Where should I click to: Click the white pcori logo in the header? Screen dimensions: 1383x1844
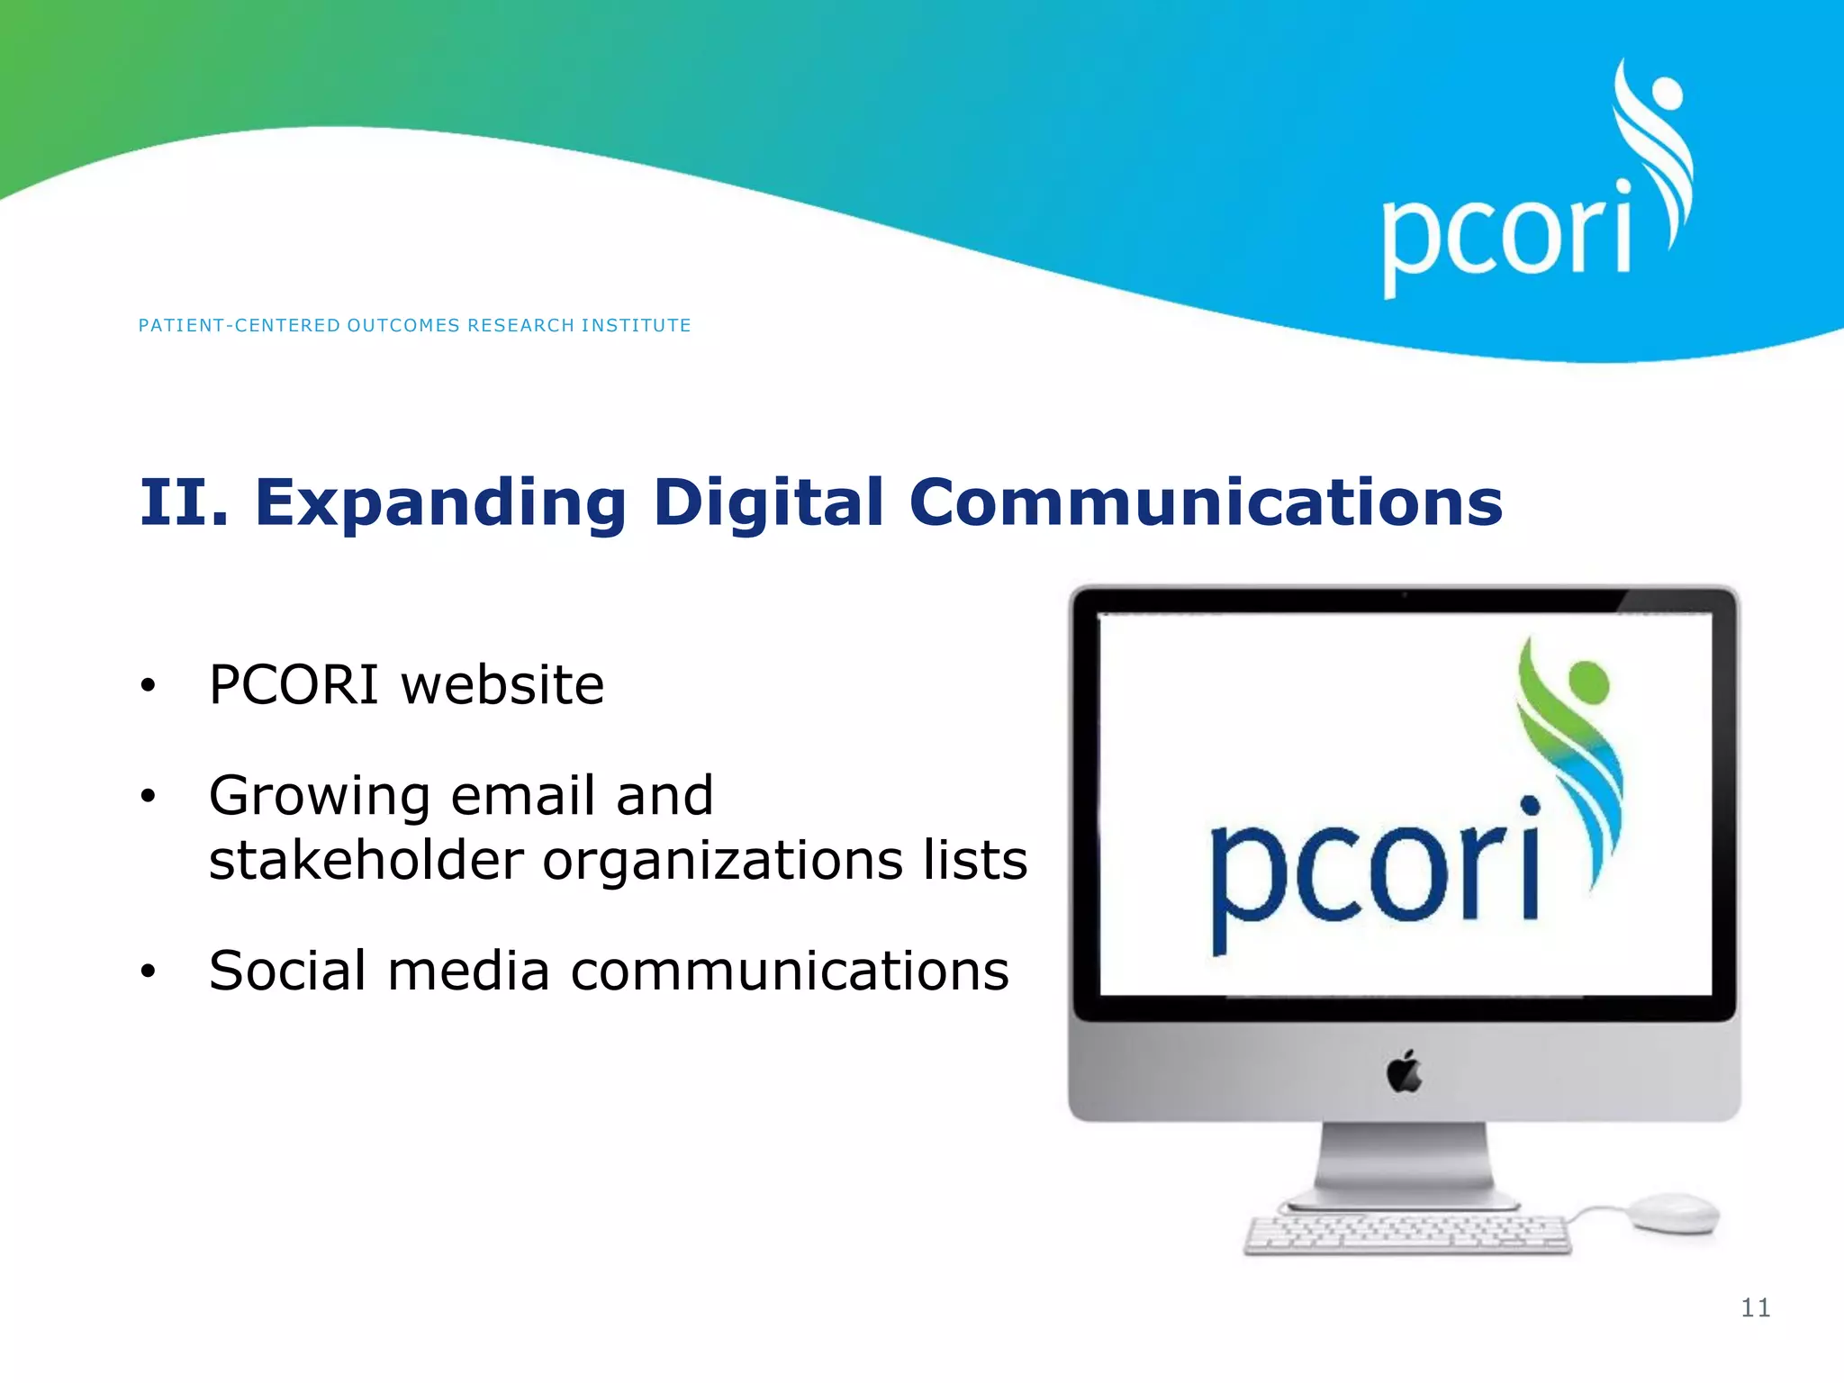point(1531,198)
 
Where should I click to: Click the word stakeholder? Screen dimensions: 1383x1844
point(366,860)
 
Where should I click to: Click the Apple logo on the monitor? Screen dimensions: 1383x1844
point(1404,1071)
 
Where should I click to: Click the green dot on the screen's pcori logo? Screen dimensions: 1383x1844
point(1587,682)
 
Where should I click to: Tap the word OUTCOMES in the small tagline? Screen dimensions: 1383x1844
point(403,325)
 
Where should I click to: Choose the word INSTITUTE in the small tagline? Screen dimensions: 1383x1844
point(636,325)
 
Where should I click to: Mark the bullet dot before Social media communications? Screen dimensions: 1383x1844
point(149,972)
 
